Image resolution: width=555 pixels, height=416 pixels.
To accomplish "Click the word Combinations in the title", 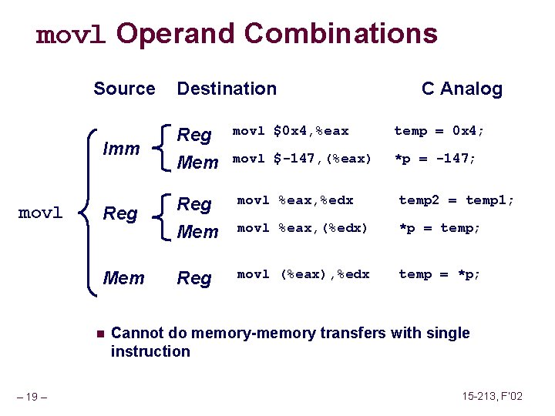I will click(x=341, y=34).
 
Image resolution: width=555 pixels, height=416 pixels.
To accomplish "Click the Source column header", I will click(x=124, y=89).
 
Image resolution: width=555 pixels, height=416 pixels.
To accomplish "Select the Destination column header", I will click(x=227, y=89).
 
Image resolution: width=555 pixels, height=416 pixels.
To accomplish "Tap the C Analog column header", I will click(x=462, y=89).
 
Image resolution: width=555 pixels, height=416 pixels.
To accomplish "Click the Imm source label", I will click(x=121, y=148).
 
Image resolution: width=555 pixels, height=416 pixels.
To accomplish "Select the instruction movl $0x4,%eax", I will click(x=291, y=131).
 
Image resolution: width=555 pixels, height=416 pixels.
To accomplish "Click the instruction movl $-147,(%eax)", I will click(x=302, y=159).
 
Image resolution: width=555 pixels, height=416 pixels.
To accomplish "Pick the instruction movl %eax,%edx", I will click(x=294, y=200).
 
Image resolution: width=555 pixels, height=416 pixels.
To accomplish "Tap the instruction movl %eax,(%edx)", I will click(x=302, y=228).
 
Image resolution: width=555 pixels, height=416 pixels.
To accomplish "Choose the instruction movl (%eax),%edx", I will click(x=303, y=274).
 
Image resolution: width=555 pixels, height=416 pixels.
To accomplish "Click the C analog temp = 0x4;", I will click(x=439, y=131).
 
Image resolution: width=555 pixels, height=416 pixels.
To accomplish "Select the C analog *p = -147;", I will click(x=435, y=159).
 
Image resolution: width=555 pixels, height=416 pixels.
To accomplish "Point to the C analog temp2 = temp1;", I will click(x=456, y=200).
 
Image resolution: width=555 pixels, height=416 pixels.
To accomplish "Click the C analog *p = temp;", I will click(x=439, y=228).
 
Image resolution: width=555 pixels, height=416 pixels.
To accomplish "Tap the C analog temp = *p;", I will click(x=439, y=274).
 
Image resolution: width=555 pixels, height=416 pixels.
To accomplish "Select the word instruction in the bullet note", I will click(x=150, y=351).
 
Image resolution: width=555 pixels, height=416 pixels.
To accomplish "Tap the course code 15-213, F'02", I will click(x=493, y=396).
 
